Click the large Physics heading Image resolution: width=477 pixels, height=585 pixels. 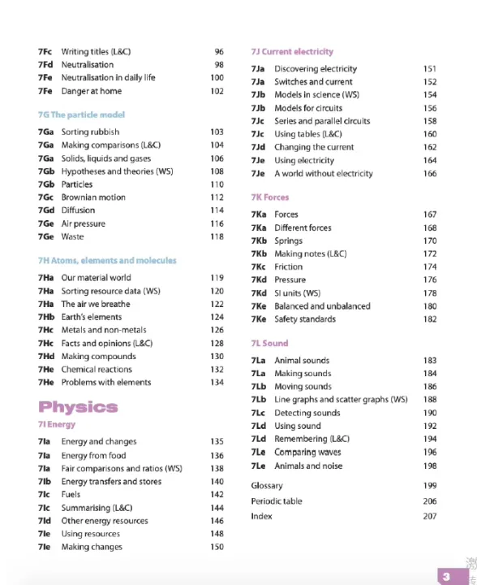tap(78, 406)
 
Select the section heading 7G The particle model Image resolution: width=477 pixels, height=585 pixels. tap(81, 115)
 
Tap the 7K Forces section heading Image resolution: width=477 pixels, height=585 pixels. tap(270, 197)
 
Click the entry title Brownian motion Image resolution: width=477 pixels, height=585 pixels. tap(93, 197)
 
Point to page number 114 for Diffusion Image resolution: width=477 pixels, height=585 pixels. tap(217, 210)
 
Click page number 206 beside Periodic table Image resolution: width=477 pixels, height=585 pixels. tap(430, 501)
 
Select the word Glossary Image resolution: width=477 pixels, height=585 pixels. tap(267, 486)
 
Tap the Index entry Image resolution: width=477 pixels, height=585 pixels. tap(261, 517)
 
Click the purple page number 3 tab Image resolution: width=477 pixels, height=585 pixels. tap(445, 576)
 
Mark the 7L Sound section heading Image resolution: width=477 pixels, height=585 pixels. tap(269, 344)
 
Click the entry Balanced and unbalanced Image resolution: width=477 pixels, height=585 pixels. tap(322, 306)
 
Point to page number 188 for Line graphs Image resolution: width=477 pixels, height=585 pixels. tap(430, 400)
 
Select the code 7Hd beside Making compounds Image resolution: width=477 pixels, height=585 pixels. tap(45, 356)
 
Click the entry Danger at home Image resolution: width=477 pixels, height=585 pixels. tap(92, 91)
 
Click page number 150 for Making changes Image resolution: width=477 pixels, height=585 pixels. tap(217, 547)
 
